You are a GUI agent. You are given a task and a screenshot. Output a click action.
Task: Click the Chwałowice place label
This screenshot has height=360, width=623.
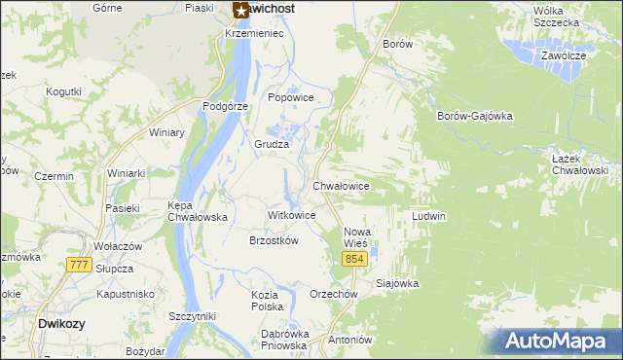click(x=341, y=185)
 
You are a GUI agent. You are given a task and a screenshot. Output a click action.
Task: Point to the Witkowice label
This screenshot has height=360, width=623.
click(x=291, y=215)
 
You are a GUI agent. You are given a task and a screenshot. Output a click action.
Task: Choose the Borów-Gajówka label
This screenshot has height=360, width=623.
click(x=475, y=116)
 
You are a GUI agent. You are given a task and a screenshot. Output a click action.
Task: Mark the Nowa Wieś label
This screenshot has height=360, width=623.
click(x=358, y=236)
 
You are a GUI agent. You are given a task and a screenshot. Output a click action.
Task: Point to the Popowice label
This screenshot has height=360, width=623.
click(x=290, y=97)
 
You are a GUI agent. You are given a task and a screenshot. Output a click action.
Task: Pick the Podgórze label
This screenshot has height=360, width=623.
click(x=226, y=106)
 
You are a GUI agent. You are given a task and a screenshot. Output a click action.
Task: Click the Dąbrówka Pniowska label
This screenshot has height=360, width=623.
click(x=285, y=339)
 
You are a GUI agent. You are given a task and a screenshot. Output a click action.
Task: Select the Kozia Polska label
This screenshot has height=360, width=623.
click(x=267, y=301)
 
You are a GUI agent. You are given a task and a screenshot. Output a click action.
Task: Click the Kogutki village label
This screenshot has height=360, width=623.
click(x=63, y=91)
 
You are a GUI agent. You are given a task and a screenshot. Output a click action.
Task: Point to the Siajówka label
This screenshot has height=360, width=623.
click(x=397, y=284)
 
